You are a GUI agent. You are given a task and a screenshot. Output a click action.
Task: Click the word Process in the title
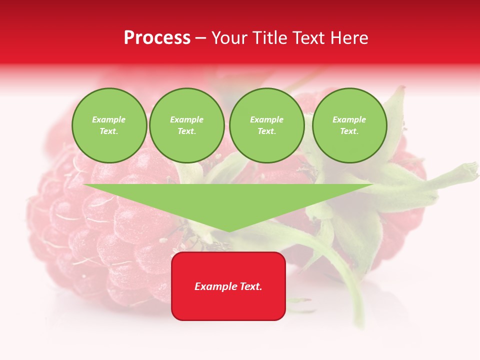[157, 38]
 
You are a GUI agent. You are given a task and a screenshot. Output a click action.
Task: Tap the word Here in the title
[349, 38]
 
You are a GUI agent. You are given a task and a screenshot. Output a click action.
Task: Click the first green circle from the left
[109, 125]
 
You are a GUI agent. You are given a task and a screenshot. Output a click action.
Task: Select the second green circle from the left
[187, 125]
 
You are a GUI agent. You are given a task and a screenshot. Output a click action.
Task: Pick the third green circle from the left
[267, 125]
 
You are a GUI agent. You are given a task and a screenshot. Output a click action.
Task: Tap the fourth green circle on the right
[349, 125]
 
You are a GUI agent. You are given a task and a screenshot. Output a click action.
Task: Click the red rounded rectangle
[228, 286]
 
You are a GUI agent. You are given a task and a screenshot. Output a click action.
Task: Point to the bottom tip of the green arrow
[228, 231]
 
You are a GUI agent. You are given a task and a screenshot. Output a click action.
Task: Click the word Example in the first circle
[109, 119]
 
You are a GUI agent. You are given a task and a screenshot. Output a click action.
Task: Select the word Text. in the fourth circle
[349, 131]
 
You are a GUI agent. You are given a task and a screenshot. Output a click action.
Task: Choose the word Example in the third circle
[267, 119]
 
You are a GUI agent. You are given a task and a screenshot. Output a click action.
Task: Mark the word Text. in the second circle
[187, 131]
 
